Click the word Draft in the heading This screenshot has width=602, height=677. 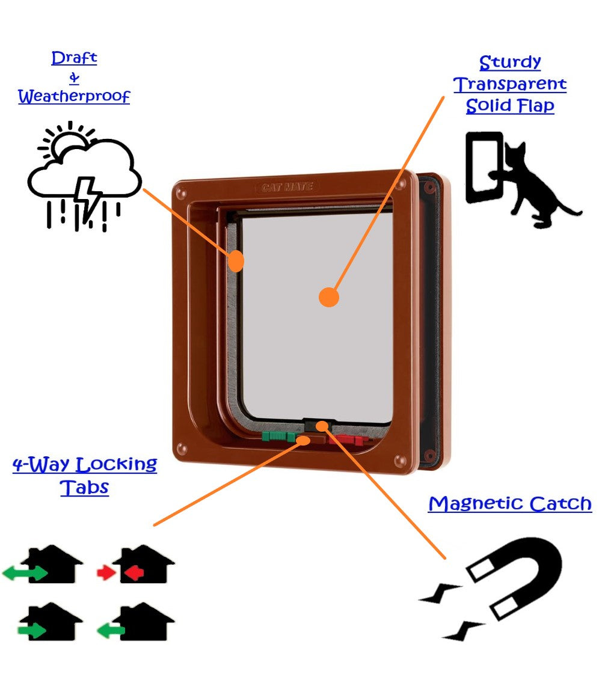74,58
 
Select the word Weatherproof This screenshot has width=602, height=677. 74,96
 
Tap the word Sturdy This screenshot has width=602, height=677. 510,63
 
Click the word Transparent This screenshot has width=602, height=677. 510,84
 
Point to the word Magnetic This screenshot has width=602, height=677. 470,503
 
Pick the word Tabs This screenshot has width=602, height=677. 84,486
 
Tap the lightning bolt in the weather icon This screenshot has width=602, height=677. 90,195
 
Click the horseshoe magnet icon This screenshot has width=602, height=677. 523,577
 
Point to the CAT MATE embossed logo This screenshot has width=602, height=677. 287,187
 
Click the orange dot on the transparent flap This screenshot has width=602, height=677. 328,297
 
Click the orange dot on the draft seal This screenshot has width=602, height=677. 237,261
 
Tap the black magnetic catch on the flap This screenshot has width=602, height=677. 319,424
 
